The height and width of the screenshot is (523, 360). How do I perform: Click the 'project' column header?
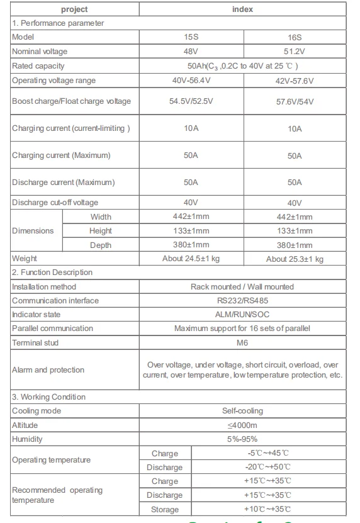[x=74, y=9]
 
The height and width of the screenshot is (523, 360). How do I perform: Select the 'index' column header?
[x=242, y=9]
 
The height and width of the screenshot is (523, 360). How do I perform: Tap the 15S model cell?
[x=191, y=37]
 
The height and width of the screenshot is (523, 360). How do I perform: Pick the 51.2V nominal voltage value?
[x=295, y=52]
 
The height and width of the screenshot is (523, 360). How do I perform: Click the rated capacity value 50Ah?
[x=242, y=66]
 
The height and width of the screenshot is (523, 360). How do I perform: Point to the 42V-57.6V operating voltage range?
[x=295, y=81]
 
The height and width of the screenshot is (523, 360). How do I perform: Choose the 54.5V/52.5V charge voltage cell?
[x=191, y=101]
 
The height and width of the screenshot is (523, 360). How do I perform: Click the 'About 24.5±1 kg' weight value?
[x=191, y=259]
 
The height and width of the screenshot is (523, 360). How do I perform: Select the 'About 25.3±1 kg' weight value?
[x=295, y=259]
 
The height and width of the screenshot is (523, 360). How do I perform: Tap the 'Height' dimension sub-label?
[x=101, y=231]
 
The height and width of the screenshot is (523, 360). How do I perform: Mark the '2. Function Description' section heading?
[x=52, y=273]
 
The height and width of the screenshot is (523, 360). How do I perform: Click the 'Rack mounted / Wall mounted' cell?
[x=242, y=286]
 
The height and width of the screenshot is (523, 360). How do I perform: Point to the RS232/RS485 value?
[x=242, y=300]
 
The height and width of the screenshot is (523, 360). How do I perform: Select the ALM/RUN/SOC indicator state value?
[x=242, y=314]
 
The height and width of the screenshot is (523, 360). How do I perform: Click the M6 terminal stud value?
[x=242, y=342]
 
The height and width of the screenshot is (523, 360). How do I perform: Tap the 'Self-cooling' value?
[x=242, y=411]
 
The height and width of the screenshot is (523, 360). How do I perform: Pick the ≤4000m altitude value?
[x=242, y=425]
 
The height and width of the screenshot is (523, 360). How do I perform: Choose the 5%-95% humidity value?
[x=242, y=439]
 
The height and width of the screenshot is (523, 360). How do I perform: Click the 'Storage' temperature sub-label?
[x=165, y=509]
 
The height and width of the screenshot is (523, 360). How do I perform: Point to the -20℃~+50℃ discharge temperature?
[x=268, y=468]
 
